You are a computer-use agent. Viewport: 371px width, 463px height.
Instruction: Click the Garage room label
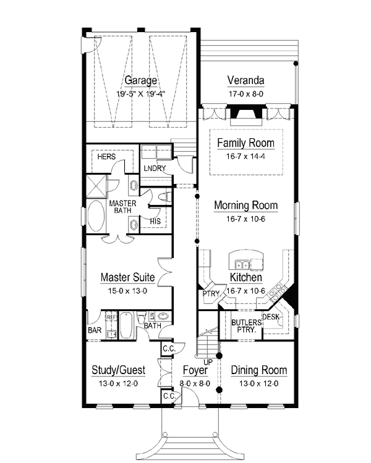[x=140, y=80]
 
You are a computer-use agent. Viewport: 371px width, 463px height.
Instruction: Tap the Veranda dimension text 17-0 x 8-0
[x=246, y=94]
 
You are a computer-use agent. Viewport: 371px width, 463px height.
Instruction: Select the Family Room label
[x=246, y=143]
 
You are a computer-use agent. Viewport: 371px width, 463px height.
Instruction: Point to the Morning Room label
[x=246, y=205]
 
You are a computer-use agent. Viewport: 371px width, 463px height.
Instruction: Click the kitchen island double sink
[x=242, y=265]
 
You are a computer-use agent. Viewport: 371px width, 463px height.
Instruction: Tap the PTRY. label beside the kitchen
[x=211, y=294]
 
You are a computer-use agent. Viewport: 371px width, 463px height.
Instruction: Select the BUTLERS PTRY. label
[x=247, y=326]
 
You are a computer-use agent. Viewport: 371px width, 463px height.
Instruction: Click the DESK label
[x=271, y=317]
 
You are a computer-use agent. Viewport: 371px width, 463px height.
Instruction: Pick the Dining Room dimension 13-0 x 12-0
[x=259, y=383]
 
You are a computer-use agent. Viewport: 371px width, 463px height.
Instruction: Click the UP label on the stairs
[x=208, y=362]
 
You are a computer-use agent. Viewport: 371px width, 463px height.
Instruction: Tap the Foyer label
[x=195, y=370]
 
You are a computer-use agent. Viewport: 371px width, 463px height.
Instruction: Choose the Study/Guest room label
[x=118, y=370]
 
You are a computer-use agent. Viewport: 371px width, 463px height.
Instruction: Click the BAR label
[x=95, y=330]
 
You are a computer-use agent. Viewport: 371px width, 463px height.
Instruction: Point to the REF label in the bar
[x=111, y=317]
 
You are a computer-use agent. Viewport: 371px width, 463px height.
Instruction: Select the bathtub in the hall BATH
[x=126, y=326]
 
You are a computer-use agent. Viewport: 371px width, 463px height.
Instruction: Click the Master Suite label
[x=127, y=277]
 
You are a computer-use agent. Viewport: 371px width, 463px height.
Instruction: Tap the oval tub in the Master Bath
[x=96, y=217]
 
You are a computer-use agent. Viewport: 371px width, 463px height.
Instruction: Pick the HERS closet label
[x=106, y=157]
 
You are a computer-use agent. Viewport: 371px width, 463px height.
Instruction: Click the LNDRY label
[x=155, y=169]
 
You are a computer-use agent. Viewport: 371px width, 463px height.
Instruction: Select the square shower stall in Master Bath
[x=96, y=186]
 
